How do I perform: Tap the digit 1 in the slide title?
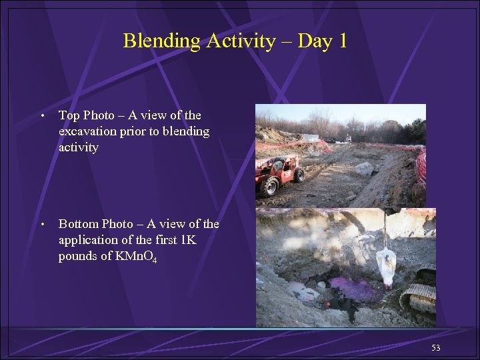342,41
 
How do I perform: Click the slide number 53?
436,347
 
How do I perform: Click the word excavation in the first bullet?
87,131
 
